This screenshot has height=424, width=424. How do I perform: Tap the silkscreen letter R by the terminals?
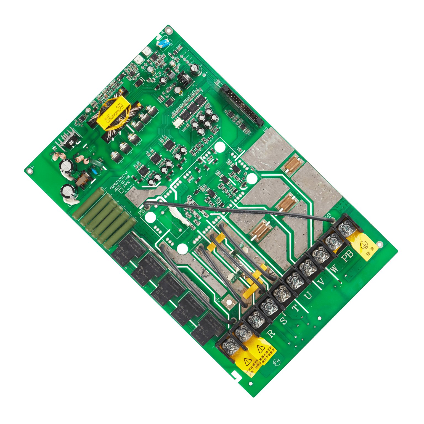tap(271, 333)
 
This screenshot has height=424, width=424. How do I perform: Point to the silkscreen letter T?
tap(296, 308)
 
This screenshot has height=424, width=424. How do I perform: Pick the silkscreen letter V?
tap(321, 282)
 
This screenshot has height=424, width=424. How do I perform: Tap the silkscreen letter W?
tap(333, 268)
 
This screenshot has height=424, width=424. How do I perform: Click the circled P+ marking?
tap(277, 362)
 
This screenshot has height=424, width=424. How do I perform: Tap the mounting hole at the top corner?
tap(168, 30)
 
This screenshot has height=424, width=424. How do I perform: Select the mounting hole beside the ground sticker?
tap(380, 244)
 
